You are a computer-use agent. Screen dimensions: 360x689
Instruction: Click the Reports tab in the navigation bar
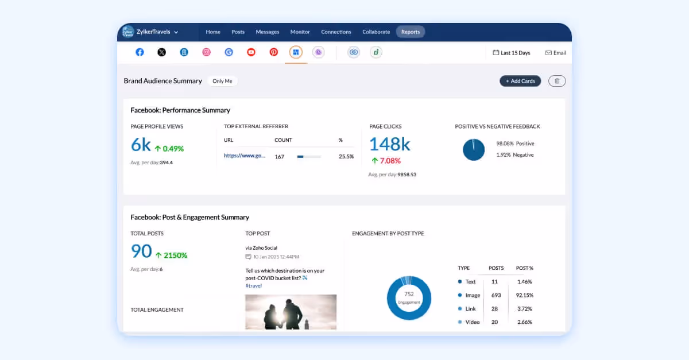(410, 32)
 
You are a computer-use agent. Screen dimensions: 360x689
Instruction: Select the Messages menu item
(267, 32)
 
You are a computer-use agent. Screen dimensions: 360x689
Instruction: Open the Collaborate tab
(376, 32)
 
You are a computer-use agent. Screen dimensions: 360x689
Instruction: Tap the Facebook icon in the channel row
(140, 52)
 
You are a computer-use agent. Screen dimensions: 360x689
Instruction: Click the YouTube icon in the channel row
(251, 52)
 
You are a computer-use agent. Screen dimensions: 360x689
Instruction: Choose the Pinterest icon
(274, 52)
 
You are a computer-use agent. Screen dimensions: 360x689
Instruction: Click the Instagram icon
(206, 52)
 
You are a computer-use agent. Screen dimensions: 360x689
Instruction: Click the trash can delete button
(557, 81)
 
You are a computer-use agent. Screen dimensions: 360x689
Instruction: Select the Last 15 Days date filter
(512, 53)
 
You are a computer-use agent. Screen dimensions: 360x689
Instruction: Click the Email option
(555, 53)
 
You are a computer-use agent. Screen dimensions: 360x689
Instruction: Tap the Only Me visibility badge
(222, 81)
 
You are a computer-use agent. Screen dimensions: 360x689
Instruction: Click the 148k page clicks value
(389, 144)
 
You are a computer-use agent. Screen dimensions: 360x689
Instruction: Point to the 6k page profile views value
(141, 145)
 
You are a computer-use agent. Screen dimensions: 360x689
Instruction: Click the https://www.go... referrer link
(245, 156)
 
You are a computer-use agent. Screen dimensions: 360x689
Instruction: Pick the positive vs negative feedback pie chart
(474, 149)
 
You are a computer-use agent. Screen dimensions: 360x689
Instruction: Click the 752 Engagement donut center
(409, 297)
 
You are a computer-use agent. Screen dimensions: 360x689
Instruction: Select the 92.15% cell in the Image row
(524, 295)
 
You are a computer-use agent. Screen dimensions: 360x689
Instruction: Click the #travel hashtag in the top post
(253, 285)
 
